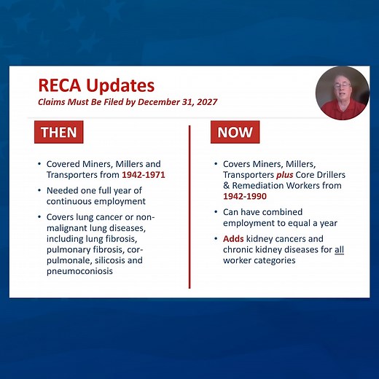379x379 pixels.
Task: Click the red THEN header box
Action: (x=58, y=132)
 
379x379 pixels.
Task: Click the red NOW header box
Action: (x=235, y=132)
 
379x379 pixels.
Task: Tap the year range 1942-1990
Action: (x=245, y=196)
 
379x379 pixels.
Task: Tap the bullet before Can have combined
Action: (x=216, y=212)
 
